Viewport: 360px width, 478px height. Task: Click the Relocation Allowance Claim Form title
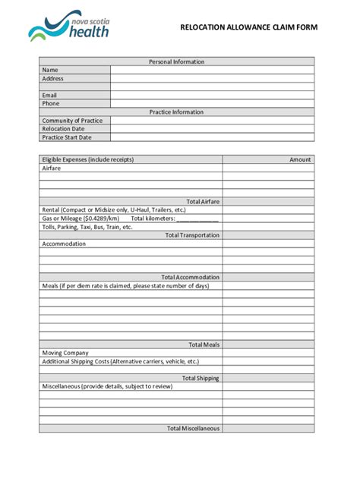tap(248, 27)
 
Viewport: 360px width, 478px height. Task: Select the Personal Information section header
tap(176, 61)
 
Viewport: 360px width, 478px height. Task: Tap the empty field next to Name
tap(212, 70)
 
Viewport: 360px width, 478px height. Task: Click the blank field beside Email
tap(212, 95)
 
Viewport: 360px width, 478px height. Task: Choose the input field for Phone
tap(212, 103)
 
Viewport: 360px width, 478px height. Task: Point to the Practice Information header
tap(176, 112)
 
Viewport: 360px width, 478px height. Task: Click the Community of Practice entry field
tap(212, 121)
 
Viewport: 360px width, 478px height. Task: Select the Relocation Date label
tap(64, 129)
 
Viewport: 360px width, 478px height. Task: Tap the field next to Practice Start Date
tap(212, 137)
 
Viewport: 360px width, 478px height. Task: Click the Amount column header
tap(300, 159)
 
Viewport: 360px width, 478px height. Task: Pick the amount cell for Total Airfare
tap(268, 201)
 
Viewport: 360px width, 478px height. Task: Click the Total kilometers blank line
tap(197, 219)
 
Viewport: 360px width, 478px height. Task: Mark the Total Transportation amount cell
tap(268, 235)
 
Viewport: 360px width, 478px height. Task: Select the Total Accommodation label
tap(191, 277)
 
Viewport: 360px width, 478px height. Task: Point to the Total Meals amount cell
tap(268, 344)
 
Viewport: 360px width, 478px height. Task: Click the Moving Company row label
tap(65, 353)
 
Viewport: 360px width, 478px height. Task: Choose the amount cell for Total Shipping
tap(268, 378)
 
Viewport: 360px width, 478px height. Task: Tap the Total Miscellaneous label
tap(193, 428)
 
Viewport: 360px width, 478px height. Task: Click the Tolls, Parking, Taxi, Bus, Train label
tap(87, 227)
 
